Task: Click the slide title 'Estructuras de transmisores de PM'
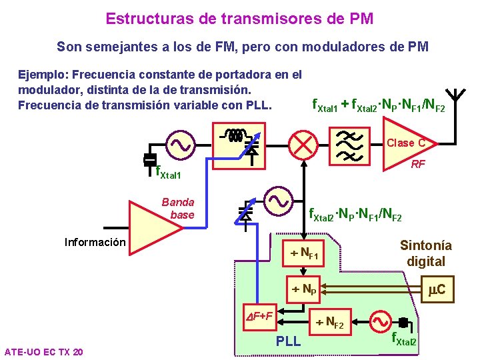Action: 239,18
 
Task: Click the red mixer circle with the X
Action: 303,144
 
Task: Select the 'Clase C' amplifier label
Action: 405,143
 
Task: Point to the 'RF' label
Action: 418,165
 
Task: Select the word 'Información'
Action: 95,242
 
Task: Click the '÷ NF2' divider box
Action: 329,323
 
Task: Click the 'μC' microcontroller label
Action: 437,289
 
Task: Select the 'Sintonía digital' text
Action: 425,253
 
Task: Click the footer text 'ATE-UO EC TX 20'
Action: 43,351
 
